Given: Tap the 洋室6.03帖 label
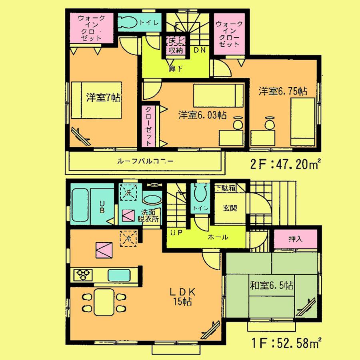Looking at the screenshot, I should click(202, 115).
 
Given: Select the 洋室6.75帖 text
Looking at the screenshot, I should click(282, 91).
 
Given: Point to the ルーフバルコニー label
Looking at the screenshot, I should click(145, 162).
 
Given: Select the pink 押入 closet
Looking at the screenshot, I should click(296, 239).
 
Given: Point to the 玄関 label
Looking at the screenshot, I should click(229, 208).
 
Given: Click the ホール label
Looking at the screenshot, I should click(218, 237).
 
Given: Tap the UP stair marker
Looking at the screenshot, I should click(176, 233).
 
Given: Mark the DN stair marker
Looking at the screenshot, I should click(200, 50).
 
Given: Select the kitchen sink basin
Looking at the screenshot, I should click(118, 276).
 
